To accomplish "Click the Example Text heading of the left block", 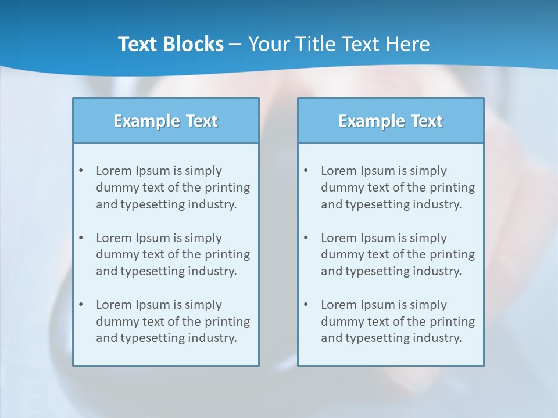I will pos(166,121).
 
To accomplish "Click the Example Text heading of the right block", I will pos(391,121).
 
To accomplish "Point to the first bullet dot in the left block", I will pos(81,171).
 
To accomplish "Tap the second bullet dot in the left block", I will pos(81,238).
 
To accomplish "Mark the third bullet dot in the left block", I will pos(81,305).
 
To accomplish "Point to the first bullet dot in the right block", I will pos(306,171).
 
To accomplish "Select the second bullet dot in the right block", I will pos(306,238).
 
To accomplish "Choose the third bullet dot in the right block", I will pos(306,305).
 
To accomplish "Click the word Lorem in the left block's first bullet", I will pos(114,171).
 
